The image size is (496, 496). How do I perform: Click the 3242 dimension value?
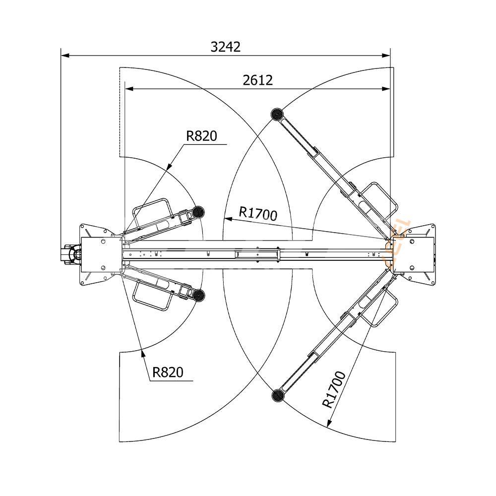coord(226,47)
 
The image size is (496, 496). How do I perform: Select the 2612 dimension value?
coord(258,80)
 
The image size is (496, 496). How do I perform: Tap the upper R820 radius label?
coord(202,136)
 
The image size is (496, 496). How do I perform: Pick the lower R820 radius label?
coord(168,372)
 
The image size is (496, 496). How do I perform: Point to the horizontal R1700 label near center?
coord(258,213)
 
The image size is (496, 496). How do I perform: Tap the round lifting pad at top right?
coord(277,114)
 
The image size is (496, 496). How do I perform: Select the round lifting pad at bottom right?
coord(277,395)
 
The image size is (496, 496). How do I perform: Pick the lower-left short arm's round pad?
coord(199,296)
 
